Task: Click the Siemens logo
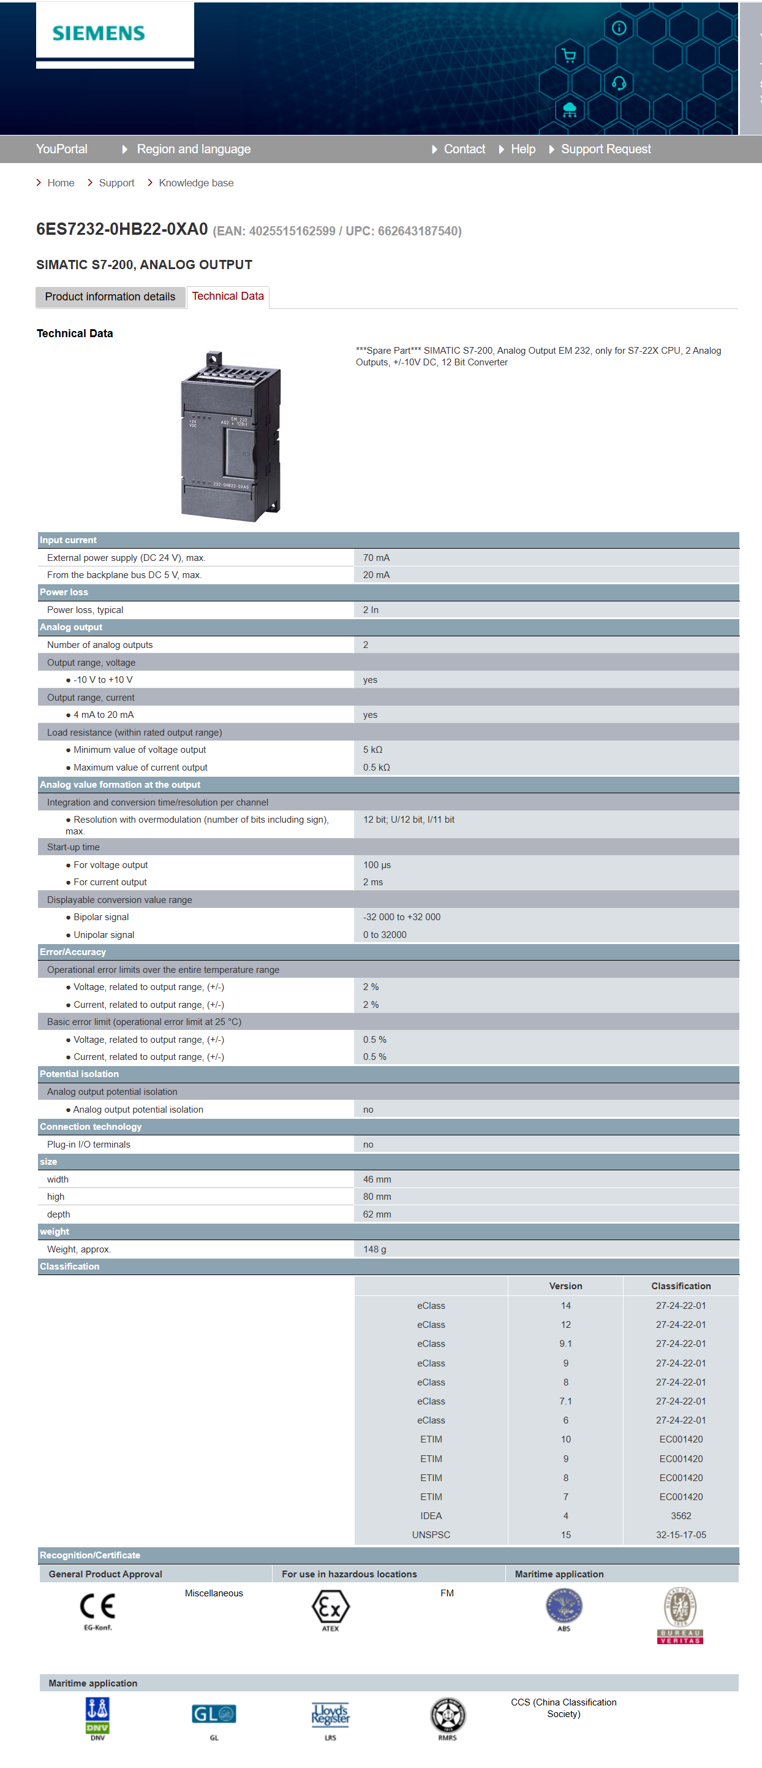pos(99,33)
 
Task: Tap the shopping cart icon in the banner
pos(568,56)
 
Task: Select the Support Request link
pos(605,149)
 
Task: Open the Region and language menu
pos(193,149)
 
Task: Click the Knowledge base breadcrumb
pos(195,183)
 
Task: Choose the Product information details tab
pos(110,297)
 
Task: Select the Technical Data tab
pos(228,296)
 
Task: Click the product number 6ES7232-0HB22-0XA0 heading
pos(122,229)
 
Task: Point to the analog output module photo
pos(231,436)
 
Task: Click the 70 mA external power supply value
pos(376,557)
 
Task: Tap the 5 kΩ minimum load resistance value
pos(372,750)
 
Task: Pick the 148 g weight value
pos(374,1249)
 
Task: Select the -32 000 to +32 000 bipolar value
pos(401,917)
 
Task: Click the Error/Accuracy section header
pos(73,952)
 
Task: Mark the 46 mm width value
pos(377,1179)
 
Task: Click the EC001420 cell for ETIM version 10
pos(681,1439)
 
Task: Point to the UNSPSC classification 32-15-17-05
pos(681,1534)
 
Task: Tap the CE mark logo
pos(97,1607)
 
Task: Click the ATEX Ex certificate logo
pos(331,1607)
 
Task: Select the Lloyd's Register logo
pos(331,1715)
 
